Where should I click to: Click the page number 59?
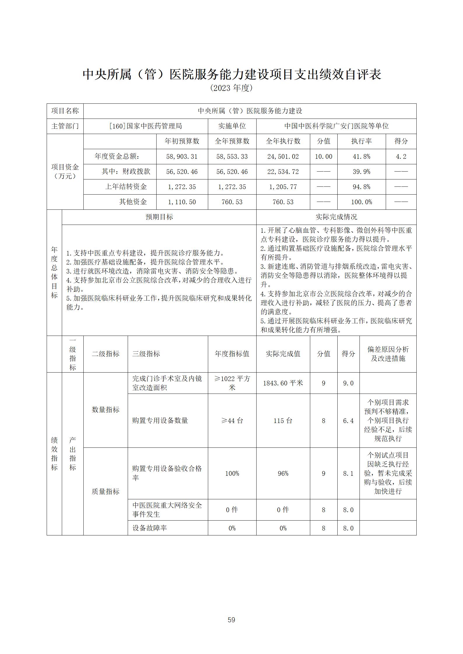231,620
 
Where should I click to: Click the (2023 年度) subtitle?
231,88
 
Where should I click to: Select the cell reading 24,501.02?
283,157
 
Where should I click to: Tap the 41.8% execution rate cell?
361,157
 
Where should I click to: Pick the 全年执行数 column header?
283,141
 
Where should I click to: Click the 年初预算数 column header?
182,141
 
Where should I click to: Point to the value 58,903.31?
182,157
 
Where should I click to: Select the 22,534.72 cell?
283,172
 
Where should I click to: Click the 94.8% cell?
361,187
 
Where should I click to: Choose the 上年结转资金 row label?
126,187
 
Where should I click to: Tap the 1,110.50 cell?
182,202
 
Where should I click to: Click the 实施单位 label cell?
232,126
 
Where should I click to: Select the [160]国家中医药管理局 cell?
145,126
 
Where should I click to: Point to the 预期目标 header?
159,217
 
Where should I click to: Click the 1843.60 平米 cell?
283,383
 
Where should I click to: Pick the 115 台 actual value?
283,421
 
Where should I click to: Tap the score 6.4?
348,421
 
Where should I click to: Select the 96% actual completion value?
283,474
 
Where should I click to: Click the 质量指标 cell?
106,492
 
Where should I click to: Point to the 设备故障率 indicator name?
150,528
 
